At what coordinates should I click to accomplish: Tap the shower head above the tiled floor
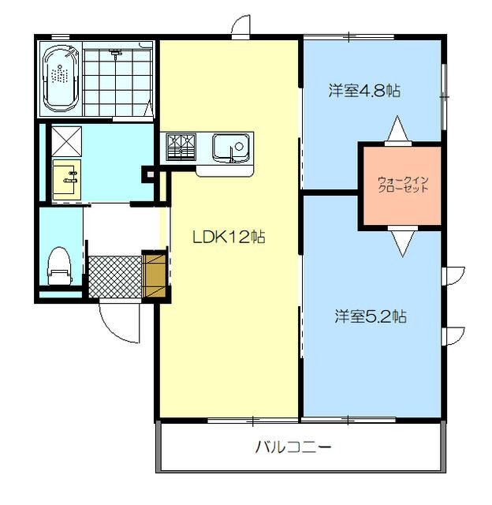(x=117, y=53)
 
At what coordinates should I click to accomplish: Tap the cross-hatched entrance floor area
(x=114, y=276)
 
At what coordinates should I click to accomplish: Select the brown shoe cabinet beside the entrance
(x=155, y=274)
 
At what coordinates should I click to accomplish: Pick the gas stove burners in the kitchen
(x=181, y=147)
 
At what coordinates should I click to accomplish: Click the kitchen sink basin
(x=229, y=147)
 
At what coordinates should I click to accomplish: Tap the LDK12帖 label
(x=229, y=237)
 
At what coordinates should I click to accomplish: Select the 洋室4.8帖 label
(x=364, y=90)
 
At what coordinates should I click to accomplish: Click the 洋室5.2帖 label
(x=370, y=316)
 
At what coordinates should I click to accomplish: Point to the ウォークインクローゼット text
(x=402, y=186)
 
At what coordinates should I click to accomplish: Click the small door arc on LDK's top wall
(x=240, y=26)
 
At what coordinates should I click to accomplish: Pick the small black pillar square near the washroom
(x=147, y=175)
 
